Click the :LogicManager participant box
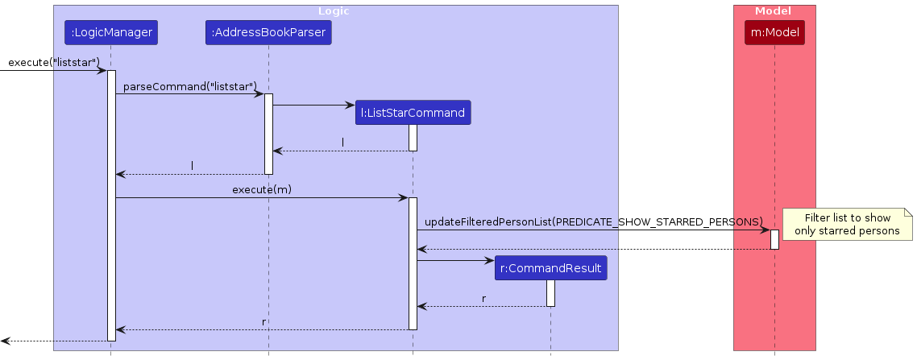[111, 33]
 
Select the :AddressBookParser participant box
[268, 33]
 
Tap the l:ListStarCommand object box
[413, 113]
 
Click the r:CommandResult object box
[551, 268]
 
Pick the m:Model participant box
[774, 33]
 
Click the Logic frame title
[334, 11]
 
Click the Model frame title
[774, 11]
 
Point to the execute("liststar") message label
[53, 63]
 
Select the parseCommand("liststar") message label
[189, 86]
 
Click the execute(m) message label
[262, 190]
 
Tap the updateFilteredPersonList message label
[593, 221]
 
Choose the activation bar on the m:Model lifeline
[774, 239]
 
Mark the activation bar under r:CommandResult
[551, 292]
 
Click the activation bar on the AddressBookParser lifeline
[268, 133]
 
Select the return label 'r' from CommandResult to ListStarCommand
[483, 299]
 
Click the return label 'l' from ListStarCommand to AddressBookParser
[343, 143]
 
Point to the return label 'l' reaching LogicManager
[192, 166]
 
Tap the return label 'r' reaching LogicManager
[263, 321]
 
